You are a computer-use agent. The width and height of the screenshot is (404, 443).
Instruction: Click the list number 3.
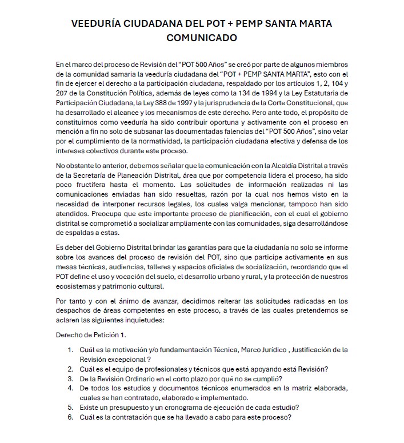(x=70, y=379)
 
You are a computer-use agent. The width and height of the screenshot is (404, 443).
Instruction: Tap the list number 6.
(x=70, y=417)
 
